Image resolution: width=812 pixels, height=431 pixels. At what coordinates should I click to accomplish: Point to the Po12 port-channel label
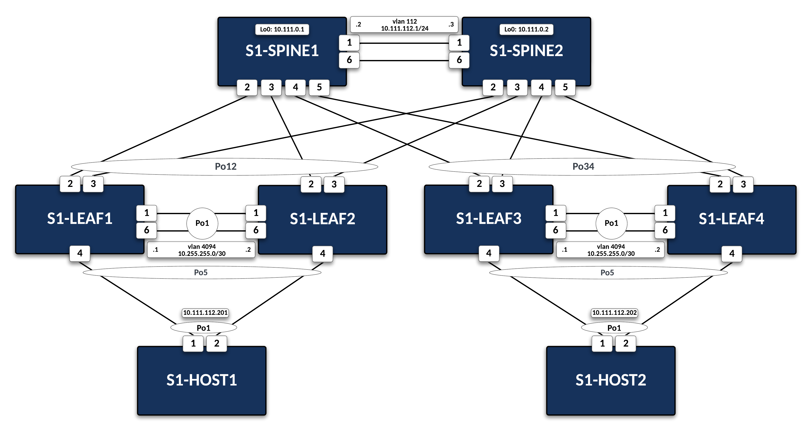(225, 166)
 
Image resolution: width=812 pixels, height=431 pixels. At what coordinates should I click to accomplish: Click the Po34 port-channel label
(583, 166)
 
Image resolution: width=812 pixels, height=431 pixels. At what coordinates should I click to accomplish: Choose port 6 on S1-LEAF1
(147, 230)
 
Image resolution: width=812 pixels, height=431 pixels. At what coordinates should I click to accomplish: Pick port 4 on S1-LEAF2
(322, 253)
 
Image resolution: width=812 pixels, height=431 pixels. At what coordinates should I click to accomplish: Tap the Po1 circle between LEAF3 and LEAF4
(611, 223)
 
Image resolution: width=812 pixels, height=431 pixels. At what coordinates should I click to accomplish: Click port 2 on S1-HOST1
(217, 343)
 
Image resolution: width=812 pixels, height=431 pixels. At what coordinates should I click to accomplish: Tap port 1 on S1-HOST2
(602, 343)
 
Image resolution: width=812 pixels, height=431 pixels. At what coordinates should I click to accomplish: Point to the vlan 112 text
(404, 21)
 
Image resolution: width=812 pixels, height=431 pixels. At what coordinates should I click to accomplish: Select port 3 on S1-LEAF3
(502, 184)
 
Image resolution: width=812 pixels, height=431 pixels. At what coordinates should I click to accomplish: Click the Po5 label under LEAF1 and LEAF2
(200, 272)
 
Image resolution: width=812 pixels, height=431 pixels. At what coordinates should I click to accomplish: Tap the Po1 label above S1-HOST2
(614, 328)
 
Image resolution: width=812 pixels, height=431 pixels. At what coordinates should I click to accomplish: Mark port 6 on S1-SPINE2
(459, 60)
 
